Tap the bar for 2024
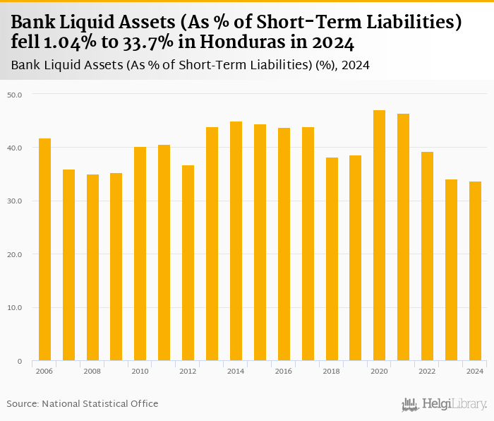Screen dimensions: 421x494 [x=476, y=271]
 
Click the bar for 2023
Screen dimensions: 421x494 [x=452, y=270]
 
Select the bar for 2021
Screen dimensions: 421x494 [x=404, y=237]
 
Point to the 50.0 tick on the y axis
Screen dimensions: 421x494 [x=15, y=95]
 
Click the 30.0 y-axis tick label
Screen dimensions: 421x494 [x=15, y=201]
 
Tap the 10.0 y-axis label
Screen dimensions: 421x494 [x=15, y=308]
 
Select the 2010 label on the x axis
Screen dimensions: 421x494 [x=140, y=370]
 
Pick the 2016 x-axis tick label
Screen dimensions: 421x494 [x=284, y=370]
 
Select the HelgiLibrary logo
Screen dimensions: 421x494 [x=445, y=404]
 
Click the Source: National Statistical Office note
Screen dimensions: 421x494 [x=83, y=403]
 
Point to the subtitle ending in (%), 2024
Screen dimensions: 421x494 [x=191, y=66]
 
